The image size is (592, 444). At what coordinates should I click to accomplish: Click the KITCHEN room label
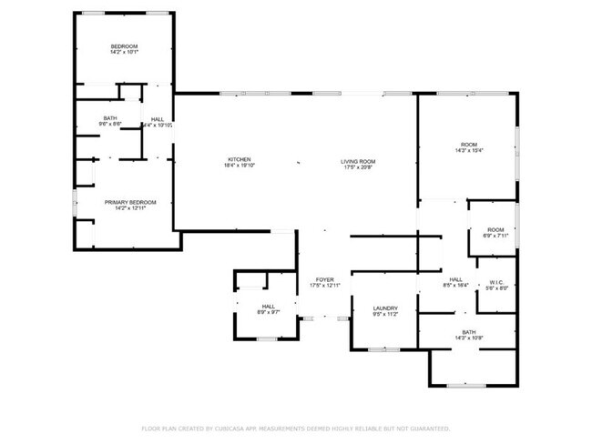coord(240,158)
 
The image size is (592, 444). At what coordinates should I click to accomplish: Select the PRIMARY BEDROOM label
coord(130,202)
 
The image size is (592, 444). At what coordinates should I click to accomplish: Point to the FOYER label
coord(325,279)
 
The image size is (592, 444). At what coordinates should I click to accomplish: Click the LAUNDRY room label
coord(384,308)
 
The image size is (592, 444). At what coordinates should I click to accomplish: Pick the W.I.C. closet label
coord(497,282)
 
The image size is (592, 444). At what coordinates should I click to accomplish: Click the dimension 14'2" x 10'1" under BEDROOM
coord(124,53)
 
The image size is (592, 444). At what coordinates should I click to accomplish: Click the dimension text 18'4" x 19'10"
coord(240,166)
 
